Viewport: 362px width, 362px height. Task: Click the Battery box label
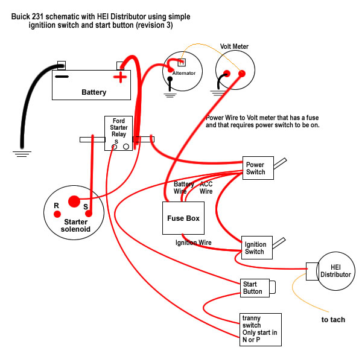(94, 92)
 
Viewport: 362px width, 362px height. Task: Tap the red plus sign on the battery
(122, 77)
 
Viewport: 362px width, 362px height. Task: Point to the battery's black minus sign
(62, 77)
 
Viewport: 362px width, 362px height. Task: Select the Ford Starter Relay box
(118, 133)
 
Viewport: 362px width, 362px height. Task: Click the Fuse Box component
(183, 218)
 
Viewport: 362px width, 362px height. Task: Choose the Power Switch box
(255, 168)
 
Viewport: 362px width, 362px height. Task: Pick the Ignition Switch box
(255, 247)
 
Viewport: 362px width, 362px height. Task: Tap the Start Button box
(253, 288)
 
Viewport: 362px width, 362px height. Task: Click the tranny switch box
(260, 329)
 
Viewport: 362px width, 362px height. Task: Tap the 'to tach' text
(333, 319)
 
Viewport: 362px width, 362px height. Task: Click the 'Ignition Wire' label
(194, 243)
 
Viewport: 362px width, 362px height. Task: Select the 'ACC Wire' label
(206, 187)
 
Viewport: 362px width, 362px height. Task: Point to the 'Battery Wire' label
(183, 187)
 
